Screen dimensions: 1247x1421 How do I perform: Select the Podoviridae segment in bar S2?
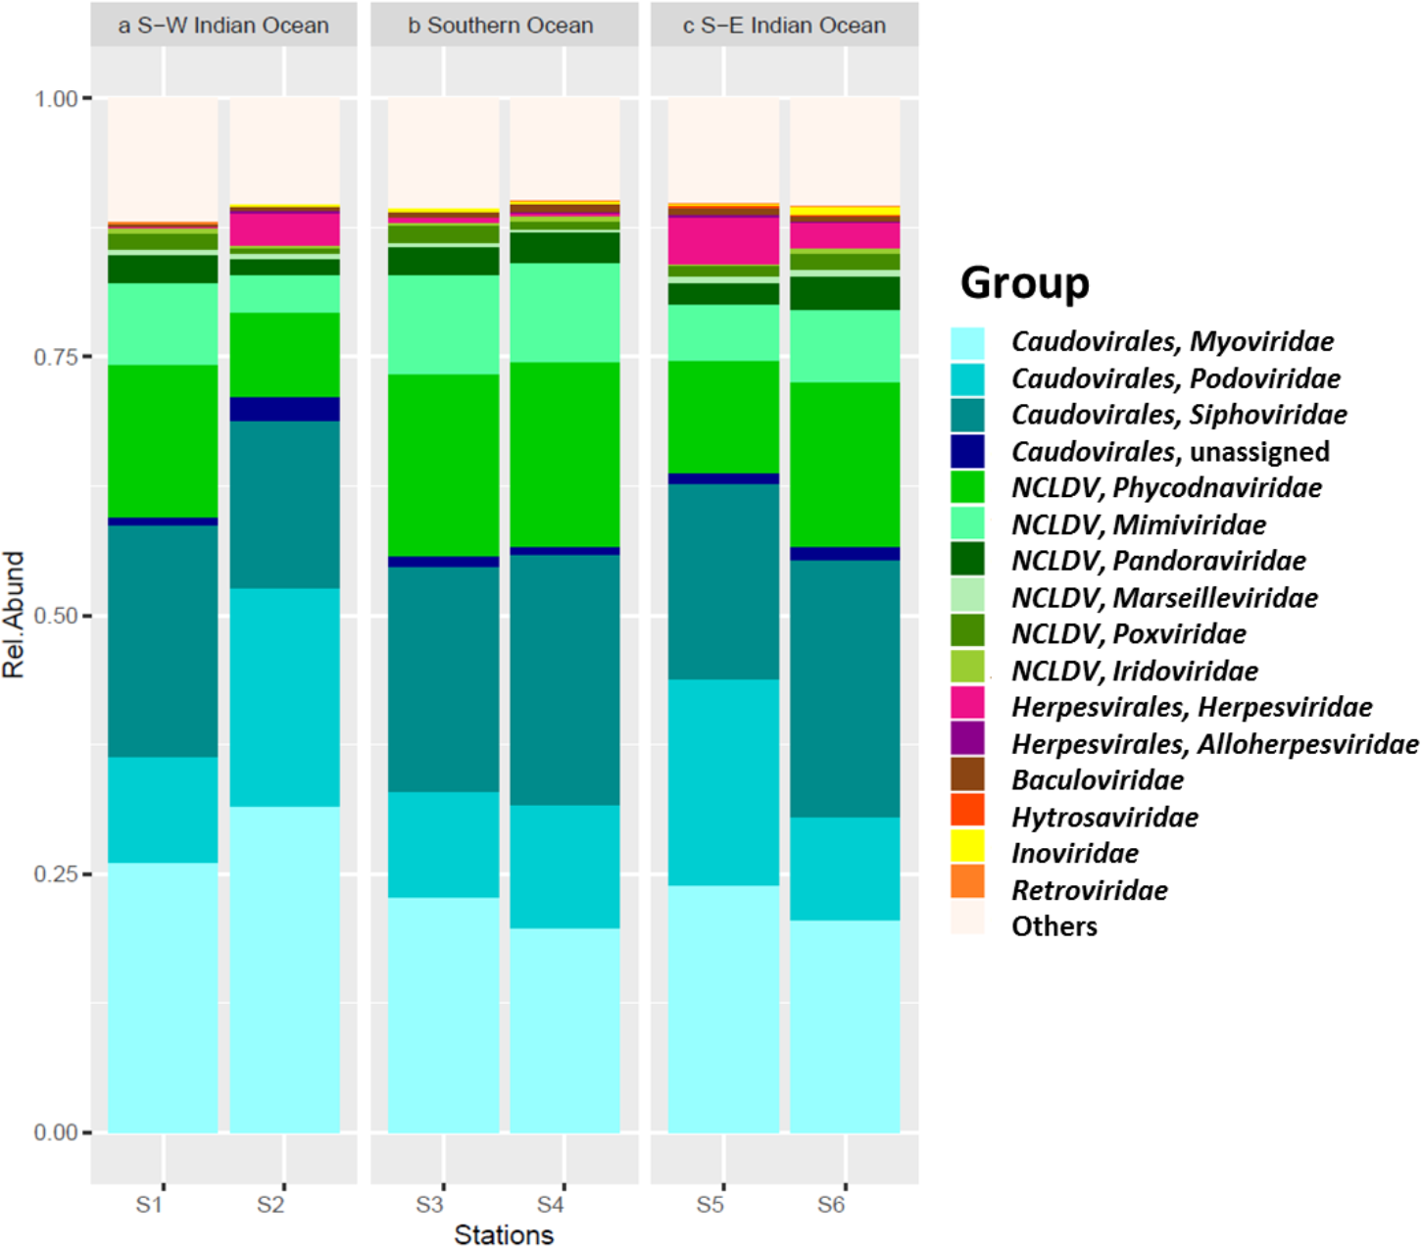pyautogui.click(x=284, y=696)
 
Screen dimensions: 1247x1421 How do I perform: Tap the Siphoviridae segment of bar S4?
pyautogui.click(x=564, y=679)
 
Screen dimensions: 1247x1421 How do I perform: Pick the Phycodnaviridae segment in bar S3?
pyautogui.click(x=443, y=465)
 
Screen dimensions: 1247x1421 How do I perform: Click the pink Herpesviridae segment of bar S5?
pyautogui.click(x=723, y=240)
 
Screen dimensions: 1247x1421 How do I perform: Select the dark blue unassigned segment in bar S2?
pyautogui.click(x=284, y=409)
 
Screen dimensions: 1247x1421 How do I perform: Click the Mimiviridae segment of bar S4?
pyautogui.click(x=564, y=312)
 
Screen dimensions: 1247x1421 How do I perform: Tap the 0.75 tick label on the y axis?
pyautogui.click(x=55, y=357)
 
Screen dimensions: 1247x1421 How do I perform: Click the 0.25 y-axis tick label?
pyautogui.click(x=55, y=873)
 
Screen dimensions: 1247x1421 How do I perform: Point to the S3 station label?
pyautogui.click(x=429, y=1205)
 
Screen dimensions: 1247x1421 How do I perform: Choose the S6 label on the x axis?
pyautogui.click(x=831, y=1205)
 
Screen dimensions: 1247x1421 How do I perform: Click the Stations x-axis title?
pyautogui.click(x=504, y=1234)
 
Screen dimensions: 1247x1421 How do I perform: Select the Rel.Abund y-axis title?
pyautogui.click(x=14, y=615)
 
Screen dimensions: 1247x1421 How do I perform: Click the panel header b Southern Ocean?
pyautogui.click(x=501, y=25)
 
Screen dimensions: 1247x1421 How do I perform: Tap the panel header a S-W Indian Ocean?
pyautogui.click(x=223, y=25)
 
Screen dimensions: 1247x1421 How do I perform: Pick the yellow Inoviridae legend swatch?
pyautogui.click(x=967, y=845)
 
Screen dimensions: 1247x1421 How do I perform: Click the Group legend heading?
pyautogui.click(x=1024, y=282)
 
